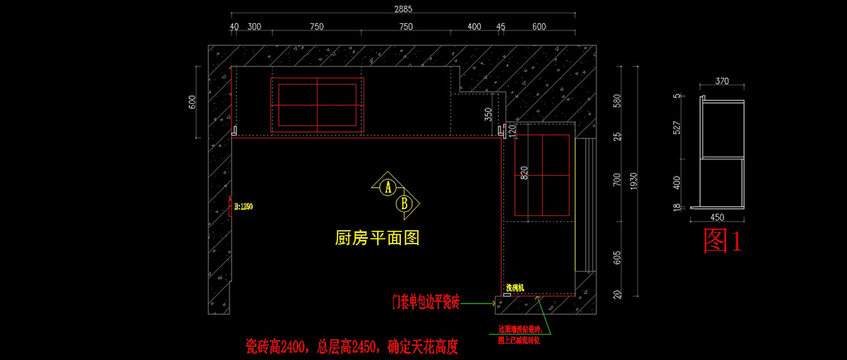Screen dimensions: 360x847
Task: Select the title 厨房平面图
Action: tap(377, 239)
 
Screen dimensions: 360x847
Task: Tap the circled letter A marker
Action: tap(387, 187)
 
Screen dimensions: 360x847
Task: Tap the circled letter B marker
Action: tap(404, 204)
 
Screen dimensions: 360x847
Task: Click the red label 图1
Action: tap(723, 241)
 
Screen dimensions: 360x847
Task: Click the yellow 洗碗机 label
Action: tap(517, 288)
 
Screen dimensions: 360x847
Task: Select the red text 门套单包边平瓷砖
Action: tap(426, 304)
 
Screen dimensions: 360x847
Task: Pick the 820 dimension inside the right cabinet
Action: tap(524, 174)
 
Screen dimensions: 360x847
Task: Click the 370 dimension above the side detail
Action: tap(721, 81)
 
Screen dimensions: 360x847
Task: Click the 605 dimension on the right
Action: tap(618, 259)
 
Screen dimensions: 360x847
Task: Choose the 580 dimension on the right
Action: tap(618, 100)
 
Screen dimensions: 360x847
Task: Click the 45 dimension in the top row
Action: tap(501, 27)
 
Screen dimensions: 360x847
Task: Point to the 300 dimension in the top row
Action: tap(254, 27)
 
